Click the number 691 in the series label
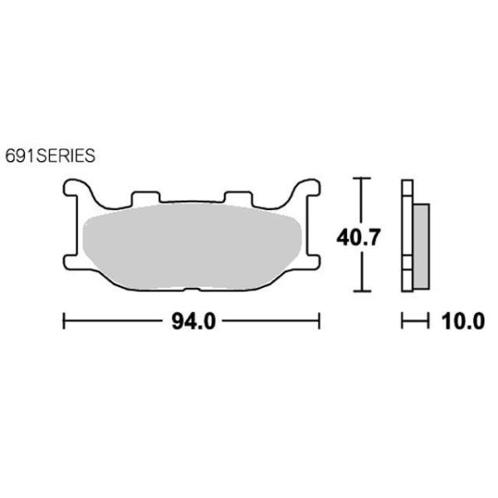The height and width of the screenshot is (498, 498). (x=19, y=154)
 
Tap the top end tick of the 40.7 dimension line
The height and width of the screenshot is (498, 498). (x=359, y=178)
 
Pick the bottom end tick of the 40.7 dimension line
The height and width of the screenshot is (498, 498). (x=359, y=291)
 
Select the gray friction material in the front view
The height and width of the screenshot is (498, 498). (x=191, y=245)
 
